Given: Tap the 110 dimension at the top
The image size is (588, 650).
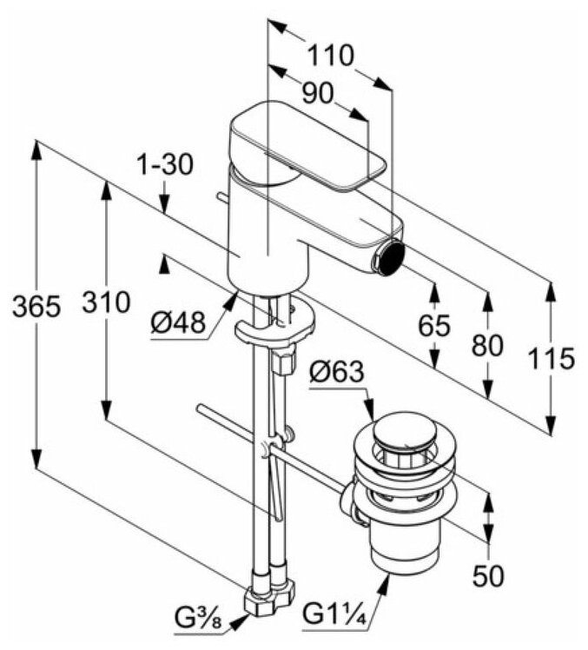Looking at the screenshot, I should (330, 56).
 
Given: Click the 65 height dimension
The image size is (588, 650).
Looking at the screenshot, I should (433, 326).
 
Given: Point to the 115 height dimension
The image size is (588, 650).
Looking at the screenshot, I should (553, 358).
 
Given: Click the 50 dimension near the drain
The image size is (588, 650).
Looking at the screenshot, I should (486, 574).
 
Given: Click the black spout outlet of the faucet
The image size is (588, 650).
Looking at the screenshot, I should (392, 255).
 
